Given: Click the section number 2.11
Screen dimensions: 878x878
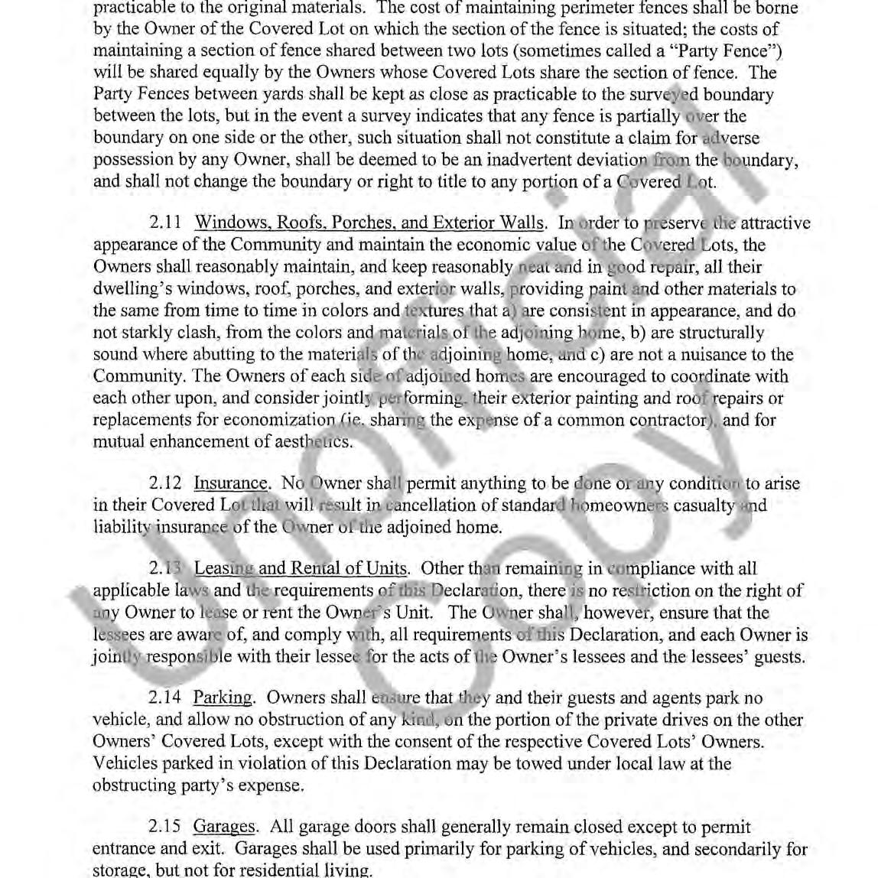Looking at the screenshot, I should coord(165,223).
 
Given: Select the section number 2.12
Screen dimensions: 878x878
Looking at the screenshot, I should coord(165,483).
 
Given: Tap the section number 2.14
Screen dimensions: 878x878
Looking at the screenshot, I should coord(165,698).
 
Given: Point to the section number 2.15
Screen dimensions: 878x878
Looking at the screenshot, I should coord(165,827).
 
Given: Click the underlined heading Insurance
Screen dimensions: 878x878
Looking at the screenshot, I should coord(231,483).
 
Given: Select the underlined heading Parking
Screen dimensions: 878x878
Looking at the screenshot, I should coord(223,698).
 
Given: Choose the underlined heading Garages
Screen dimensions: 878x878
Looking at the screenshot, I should coord(224,827).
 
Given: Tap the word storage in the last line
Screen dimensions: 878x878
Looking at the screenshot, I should coord(119,870).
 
